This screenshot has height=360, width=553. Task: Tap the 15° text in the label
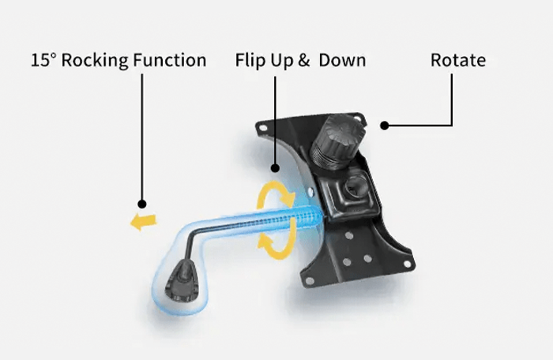tap(43, 61)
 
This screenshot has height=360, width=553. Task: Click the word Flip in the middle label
tap(252, 61)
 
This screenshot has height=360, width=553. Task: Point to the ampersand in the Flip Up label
tap(303, 61)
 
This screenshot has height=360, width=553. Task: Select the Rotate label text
tap(458, 61)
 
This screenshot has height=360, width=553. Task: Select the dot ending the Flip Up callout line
tap(276, 167)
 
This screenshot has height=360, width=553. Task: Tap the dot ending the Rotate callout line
tap(385, 124)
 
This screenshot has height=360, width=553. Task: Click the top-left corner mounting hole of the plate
tap(262, 126)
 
